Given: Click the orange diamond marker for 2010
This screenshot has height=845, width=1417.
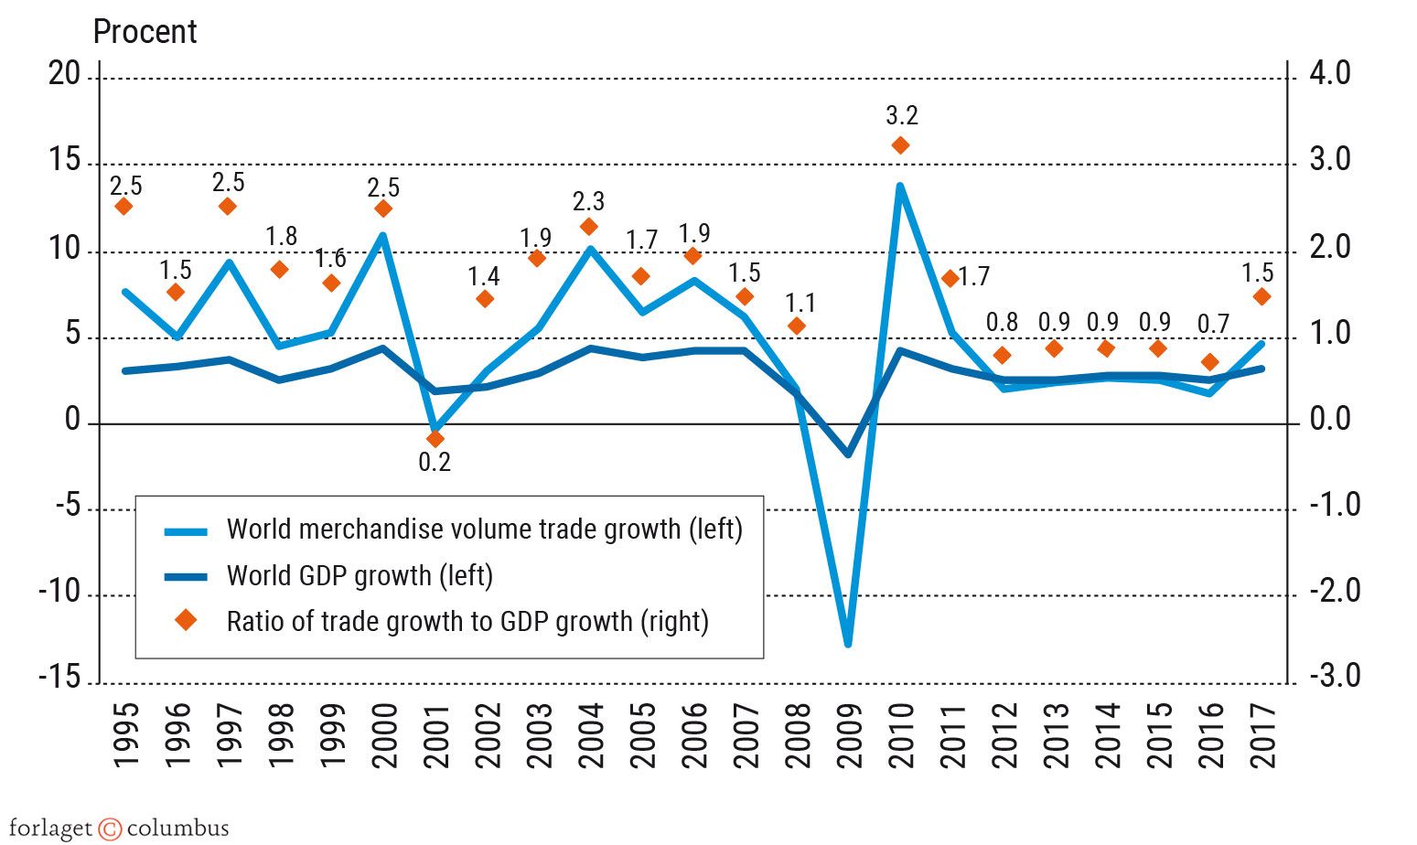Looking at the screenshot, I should (x=900, y=145).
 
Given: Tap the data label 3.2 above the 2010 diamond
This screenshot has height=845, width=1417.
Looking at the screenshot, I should (x=901, y=116).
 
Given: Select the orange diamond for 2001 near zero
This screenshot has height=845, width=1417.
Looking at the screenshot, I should (x=435, y=439).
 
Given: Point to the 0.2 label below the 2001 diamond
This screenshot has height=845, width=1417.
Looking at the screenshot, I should (x=435, y=463).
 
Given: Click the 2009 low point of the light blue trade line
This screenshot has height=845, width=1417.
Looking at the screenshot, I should (x=848, y=644).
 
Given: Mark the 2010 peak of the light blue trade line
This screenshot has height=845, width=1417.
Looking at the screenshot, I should (x=900, y=187).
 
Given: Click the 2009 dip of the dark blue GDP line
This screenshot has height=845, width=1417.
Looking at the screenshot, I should (x=848, y=454).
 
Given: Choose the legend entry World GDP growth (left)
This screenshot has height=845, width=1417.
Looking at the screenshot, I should (x=360, y=576).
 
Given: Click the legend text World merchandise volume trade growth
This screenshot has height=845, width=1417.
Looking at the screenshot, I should (x=484, y=529).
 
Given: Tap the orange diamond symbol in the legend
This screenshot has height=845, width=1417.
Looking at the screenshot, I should (x=187, y=621).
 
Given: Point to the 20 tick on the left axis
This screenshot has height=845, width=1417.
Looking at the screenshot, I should (x=64, y=74).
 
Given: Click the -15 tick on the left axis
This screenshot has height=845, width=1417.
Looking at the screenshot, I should (x=59, y=677).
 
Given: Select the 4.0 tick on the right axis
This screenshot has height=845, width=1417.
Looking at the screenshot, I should (x=1329, y=74).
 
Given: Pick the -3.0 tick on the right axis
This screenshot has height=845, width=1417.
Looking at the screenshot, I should (x=1334, y=677).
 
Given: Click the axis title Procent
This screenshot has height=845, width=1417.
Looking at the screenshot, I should (x=145, y=32).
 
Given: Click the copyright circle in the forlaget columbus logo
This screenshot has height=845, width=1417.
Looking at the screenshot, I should (x=110, y=829).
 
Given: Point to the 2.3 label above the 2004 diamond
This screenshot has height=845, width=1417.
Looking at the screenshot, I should (x=588, y=202).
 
